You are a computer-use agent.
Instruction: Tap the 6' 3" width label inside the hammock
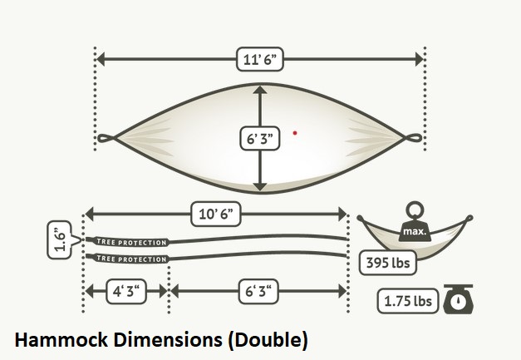pyautogui.click(x=261, y=139)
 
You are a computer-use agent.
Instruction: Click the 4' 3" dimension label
pyautogui.click(x=126, y=291)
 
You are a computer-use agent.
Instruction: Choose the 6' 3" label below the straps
pyautogui.click(x=258, y=291)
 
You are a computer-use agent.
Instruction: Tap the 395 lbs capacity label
pyautogui.click(x=386, y=264)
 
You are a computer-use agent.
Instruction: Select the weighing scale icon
pyautogui.click(x=460, y=299)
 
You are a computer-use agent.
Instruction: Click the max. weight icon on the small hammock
pyautogui.click(x=415, y=227)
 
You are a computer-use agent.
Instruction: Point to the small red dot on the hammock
pyautogui.click(x=295, y=132)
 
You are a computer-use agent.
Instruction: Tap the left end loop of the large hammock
pyautogui.click(x=106, y=138)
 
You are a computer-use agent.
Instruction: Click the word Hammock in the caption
pyautogui.click(x=59, y=340)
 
